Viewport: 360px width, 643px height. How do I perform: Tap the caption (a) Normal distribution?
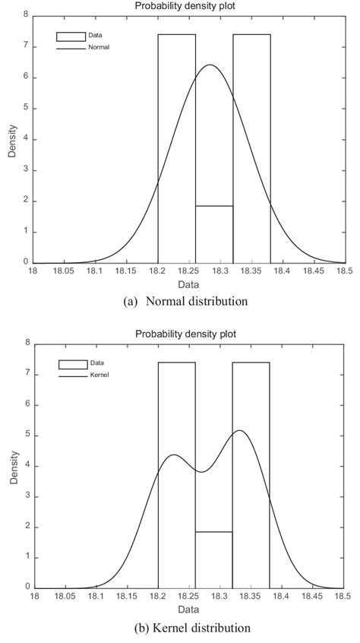tap(185, 301)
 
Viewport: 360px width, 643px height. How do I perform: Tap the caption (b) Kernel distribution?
tap(185, 629)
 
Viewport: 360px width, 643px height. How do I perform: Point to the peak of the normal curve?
tap(210, 65)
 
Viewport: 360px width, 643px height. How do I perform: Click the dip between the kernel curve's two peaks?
tap(201, 472)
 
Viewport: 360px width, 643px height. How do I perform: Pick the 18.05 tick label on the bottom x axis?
tap(65, 597)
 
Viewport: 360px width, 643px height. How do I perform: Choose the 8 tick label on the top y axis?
tap(27, 14)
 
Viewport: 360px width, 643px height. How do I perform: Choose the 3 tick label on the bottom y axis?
tap(27, 496)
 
